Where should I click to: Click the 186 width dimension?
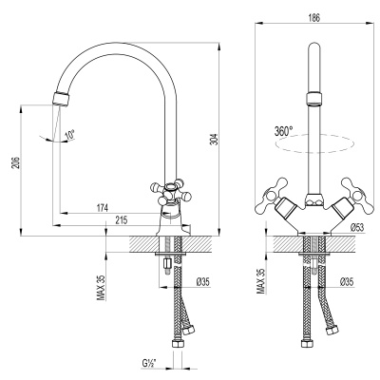[313, 16]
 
